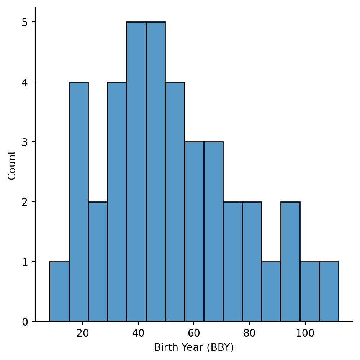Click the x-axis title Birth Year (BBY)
(x=194, y=347)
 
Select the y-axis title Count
(x=12, y=165)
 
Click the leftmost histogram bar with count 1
(x=59, y=291)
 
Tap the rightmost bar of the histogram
(x=329, y=291)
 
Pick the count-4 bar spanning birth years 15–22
(x=79, y=202)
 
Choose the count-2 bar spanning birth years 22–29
(x=98, y=262)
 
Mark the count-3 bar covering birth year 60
(x=194, y=232)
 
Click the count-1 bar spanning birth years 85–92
(x=271, y=291)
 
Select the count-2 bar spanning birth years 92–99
(x=290, y=262)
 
